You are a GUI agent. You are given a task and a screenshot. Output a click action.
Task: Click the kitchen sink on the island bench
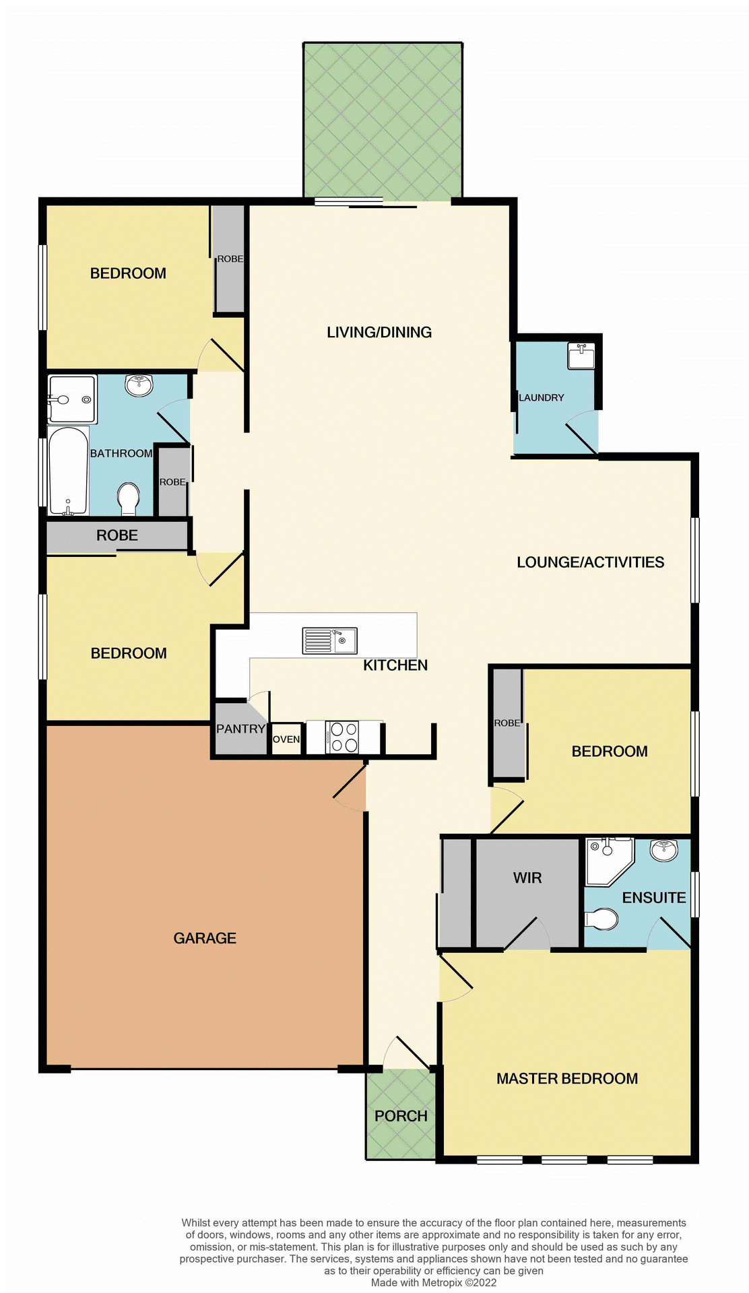coord(329,640)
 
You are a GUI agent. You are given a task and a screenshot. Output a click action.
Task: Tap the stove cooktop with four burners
coord(343,737)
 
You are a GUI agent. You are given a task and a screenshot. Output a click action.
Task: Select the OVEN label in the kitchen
coord(286,739)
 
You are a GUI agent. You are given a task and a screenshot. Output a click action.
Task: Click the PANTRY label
coord(240,729)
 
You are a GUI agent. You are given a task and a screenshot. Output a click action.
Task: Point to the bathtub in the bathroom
coord(68,470)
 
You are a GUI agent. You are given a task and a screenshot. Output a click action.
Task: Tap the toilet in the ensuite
coord(602,919)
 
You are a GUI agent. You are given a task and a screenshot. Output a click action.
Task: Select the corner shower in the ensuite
coord(608,861)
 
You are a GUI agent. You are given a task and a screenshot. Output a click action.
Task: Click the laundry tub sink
coord(581,356)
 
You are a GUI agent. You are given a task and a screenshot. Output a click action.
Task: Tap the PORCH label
coord(401,1116)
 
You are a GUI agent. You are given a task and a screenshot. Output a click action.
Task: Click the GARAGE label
coord(205,938)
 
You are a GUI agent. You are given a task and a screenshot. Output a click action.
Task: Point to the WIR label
coord(527,878)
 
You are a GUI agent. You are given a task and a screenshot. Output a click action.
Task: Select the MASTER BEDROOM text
coord(567,1078)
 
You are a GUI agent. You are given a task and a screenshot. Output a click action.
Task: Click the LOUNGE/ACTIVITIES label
coord(590,562)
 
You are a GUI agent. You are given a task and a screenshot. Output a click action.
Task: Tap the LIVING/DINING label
coord(379,332)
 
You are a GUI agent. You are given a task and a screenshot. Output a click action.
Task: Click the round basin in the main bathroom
coord(139,385)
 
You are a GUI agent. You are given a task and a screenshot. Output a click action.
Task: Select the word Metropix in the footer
coord(442,1282)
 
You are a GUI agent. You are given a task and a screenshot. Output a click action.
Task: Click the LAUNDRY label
coord(542,397)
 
